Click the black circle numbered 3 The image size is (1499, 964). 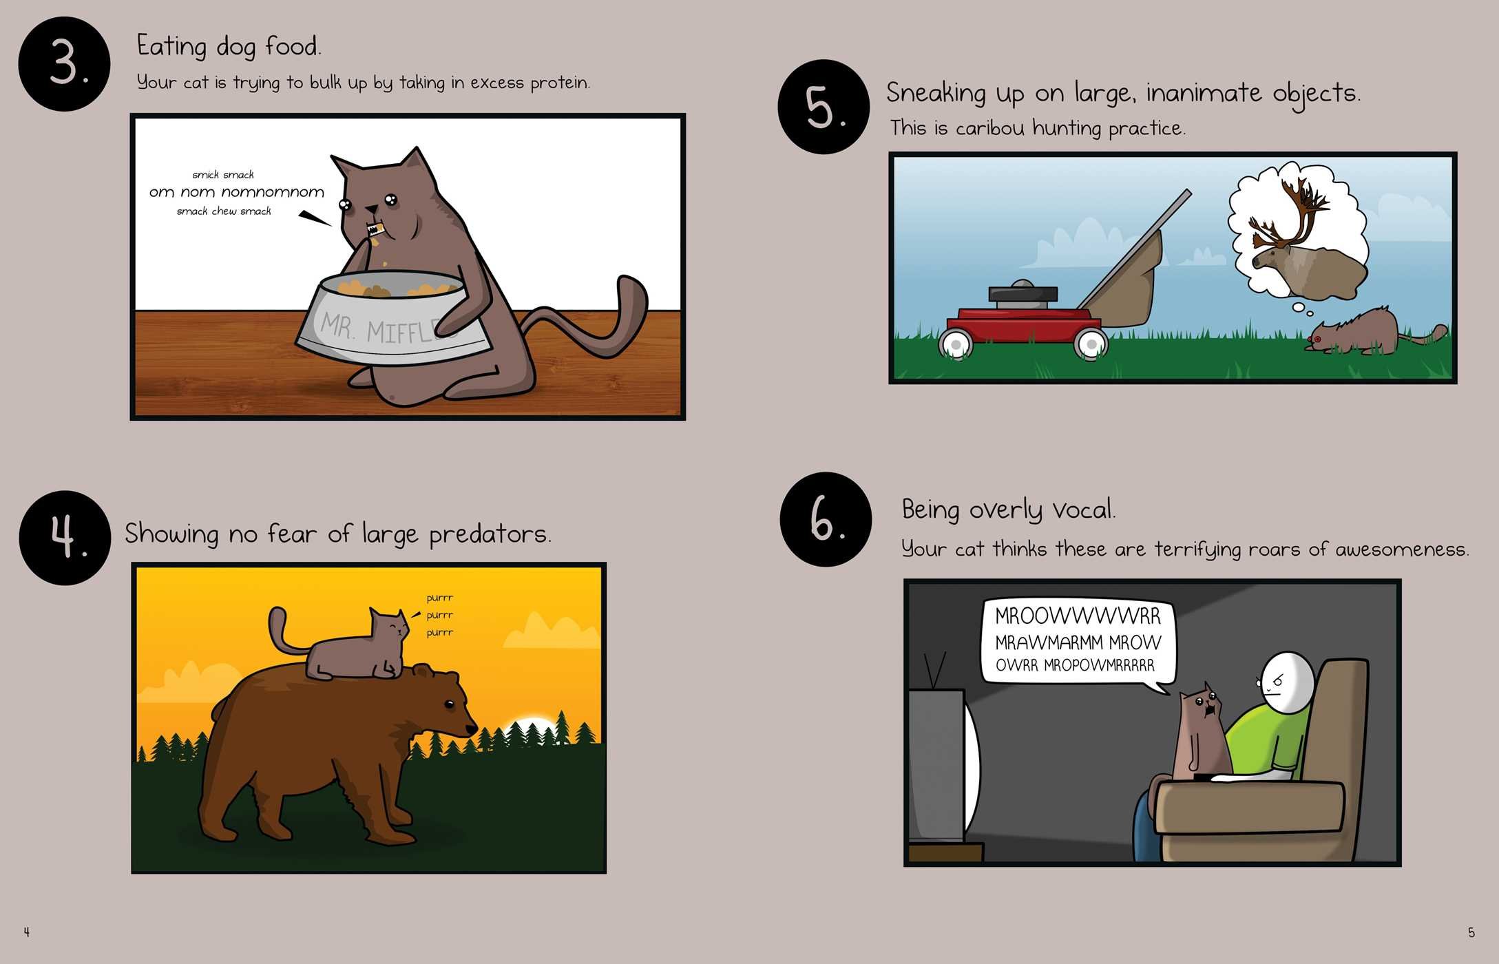pyautogui.click(x=64, y=64)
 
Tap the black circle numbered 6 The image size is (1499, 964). pyautogui.click(x=826, y=519)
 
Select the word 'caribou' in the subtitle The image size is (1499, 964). pyautogui.click(x=990, y=128)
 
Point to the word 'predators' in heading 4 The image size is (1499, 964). pyautogui.click(x=490, y=534)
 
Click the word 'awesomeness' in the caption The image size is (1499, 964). pyautogui.click(x=1402, y=549)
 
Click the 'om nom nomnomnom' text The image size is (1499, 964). pyautogui.click(x=237, y=192)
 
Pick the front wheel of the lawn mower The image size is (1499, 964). pyautogui.click(x=956, y=344)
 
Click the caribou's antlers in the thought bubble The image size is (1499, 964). pyautogui.click(x=1288, y=213)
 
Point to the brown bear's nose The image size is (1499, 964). pyautogui.click(x=472, y=728)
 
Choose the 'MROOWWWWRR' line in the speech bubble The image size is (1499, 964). pyautogui.click(x=1078, y=616)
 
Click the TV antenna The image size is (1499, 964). pyautogui.click(x=934, y=670)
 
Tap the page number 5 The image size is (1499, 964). pyautogui.click(x=1471, y=932)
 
